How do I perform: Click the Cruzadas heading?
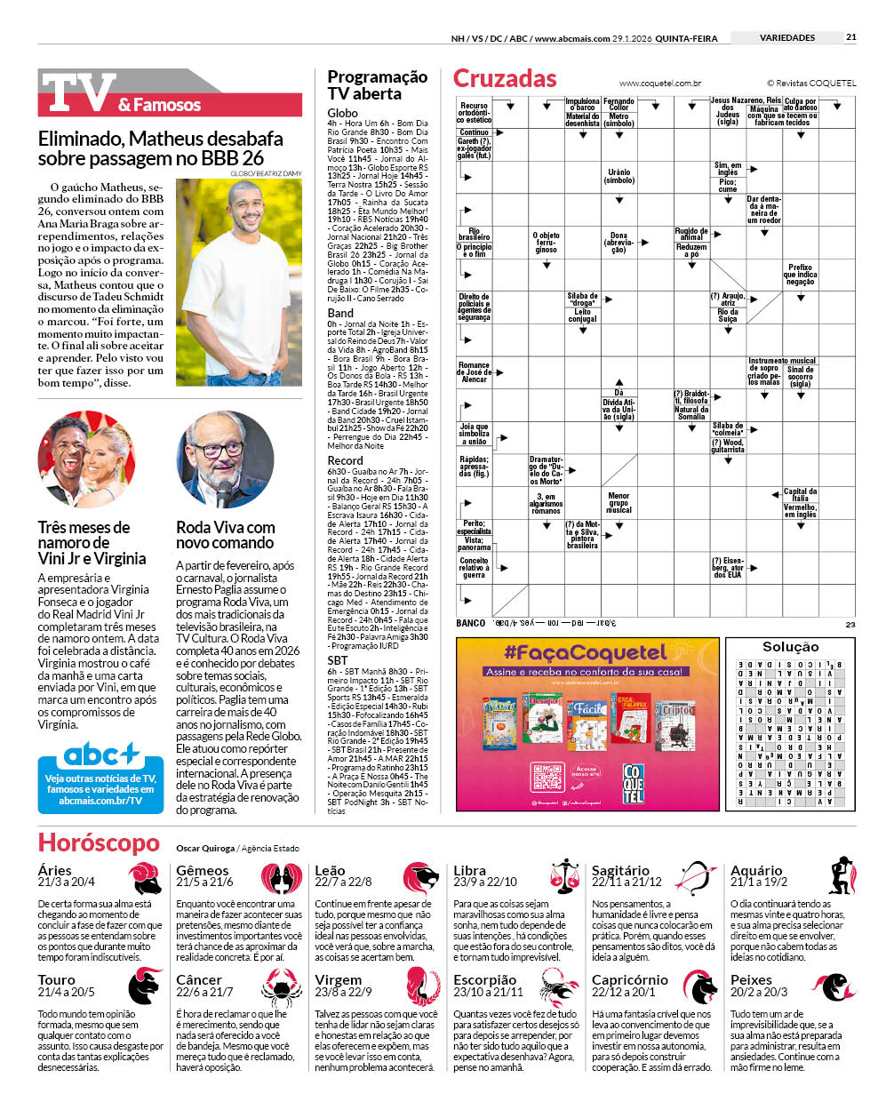click(505, 79)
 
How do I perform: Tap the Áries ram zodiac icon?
click(145, 878)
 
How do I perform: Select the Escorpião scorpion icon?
click(560, 986)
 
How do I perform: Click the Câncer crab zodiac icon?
click(282, 986)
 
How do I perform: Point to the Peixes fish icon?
click(838, 986)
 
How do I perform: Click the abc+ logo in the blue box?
click(101, 756)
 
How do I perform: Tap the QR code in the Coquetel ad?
click(547, 778)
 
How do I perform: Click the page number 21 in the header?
click(851, 37)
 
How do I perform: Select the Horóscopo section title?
click(99, 843)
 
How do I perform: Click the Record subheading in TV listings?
click(345, 460)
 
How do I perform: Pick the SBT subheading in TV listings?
click(338, 660)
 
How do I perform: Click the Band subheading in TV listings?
click(340, 313)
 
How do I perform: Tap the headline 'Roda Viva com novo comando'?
click(225, 535)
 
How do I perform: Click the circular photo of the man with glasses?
click(225, 459)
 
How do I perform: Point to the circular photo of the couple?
click(86, 459)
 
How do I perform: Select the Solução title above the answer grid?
click(790, 647)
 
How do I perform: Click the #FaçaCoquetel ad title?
click(586, 653)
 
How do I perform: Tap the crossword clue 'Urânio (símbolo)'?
click(619, 176)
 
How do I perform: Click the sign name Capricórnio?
click(630, 980)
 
